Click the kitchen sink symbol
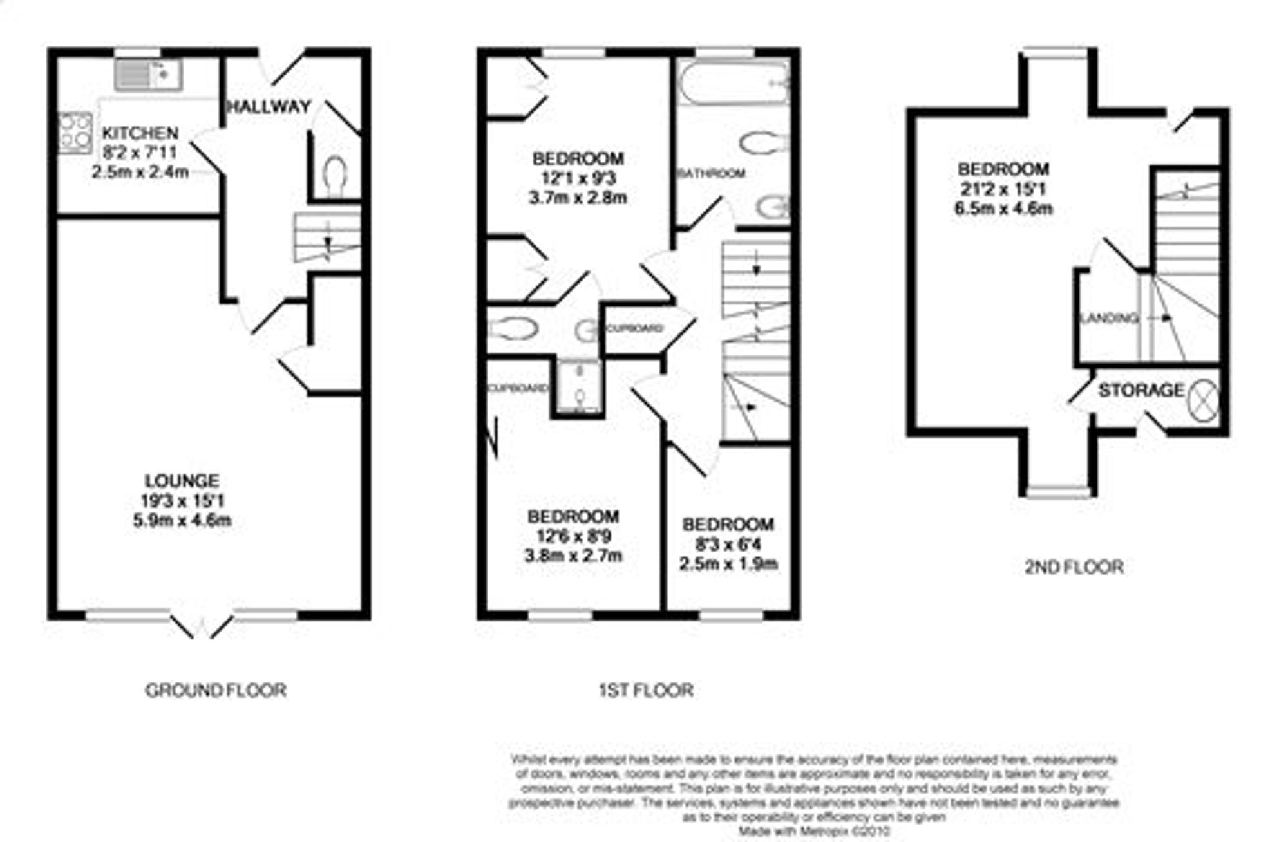click(148, 74)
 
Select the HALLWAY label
click(269, 107)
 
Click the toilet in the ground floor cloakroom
click(335, 175)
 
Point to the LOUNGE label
click(182, 481)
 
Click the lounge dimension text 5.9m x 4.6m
click(182, 520)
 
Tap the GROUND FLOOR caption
click(215, 691)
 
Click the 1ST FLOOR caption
click(646, 691)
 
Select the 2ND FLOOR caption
click(1074, 567)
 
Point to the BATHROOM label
click(712, 173)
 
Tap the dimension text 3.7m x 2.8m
click(578, 198)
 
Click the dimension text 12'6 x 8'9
click(573, 536)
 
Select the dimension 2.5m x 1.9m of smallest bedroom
click(728, 564)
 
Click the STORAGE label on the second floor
click(1141, 390)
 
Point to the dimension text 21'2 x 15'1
click(1003, 189)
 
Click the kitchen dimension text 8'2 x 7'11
click(140, 153)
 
